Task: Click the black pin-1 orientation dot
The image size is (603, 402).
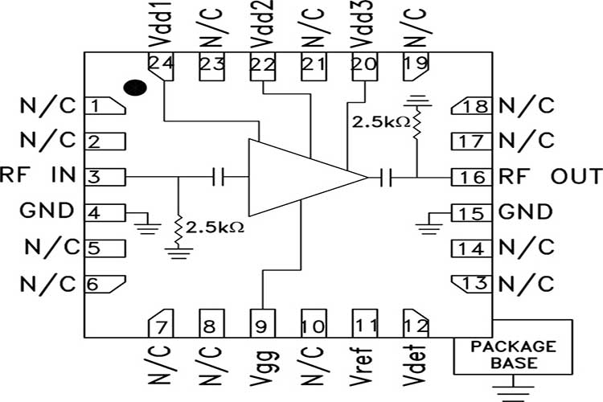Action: (x=136, y=86)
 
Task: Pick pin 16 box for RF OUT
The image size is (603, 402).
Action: (x=470, y=177)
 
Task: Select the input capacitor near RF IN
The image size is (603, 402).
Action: (x=218, y=177)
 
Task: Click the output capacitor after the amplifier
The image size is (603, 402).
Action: (x=387, y=177)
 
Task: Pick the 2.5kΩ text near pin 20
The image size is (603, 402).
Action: (x=377, y=122)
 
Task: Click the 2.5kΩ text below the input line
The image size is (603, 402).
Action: (x=215, y=228)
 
